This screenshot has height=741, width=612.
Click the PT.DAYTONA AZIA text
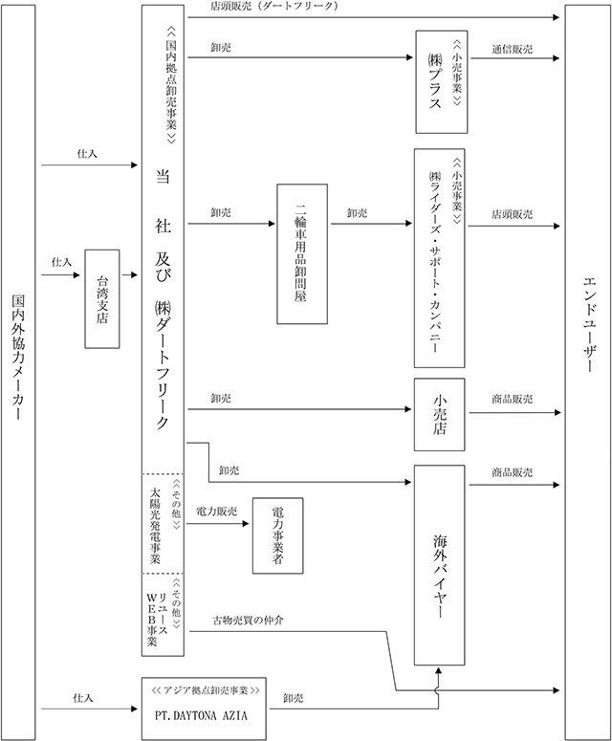[201, 715]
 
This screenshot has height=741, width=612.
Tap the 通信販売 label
[513, 49]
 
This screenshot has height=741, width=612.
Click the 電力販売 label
[216, 512]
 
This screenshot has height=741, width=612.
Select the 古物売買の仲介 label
[248, 620]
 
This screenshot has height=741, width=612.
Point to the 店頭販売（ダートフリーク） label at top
[274, 6]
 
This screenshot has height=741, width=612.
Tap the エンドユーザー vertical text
[589, 325]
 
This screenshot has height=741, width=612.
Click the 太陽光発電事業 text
[155, 525]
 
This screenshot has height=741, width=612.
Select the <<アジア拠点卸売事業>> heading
[205, 690]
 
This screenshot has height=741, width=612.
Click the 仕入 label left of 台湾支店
[62, 262]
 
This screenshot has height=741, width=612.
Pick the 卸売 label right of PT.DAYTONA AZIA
[293, 698]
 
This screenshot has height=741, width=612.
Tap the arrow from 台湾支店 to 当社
[129, 274]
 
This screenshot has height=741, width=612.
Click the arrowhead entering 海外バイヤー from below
[439, 670]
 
